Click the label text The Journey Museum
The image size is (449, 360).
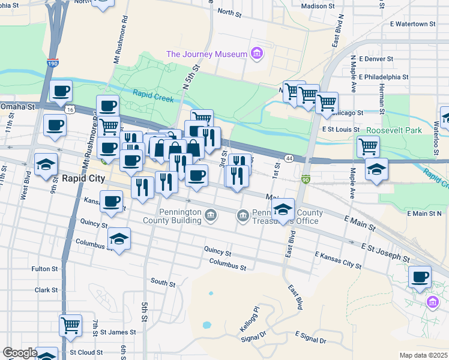coord(206,54)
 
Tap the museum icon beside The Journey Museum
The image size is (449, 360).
coord(256,54)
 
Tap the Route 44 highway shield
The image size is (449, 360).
coord(289,158)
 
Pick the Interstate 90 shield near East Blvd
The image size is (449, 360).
coord(306,179)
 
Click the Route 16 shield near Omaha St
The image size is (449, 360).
coord(70,110)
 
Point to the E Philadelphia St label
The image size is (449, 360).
coord(384,77)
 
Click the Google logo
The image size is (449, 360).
coord(19,353)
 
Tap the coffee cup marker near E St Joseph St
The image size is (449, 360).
coord(420,277)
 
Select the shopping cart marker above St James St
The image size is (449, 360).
coord(70,325)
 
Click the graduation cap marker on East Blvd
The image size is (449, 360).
coord(283,209)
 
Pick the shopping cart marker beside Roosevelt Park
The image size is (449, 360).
coord(367,145)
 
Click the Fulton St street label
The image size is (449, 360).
coord(44,269)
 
